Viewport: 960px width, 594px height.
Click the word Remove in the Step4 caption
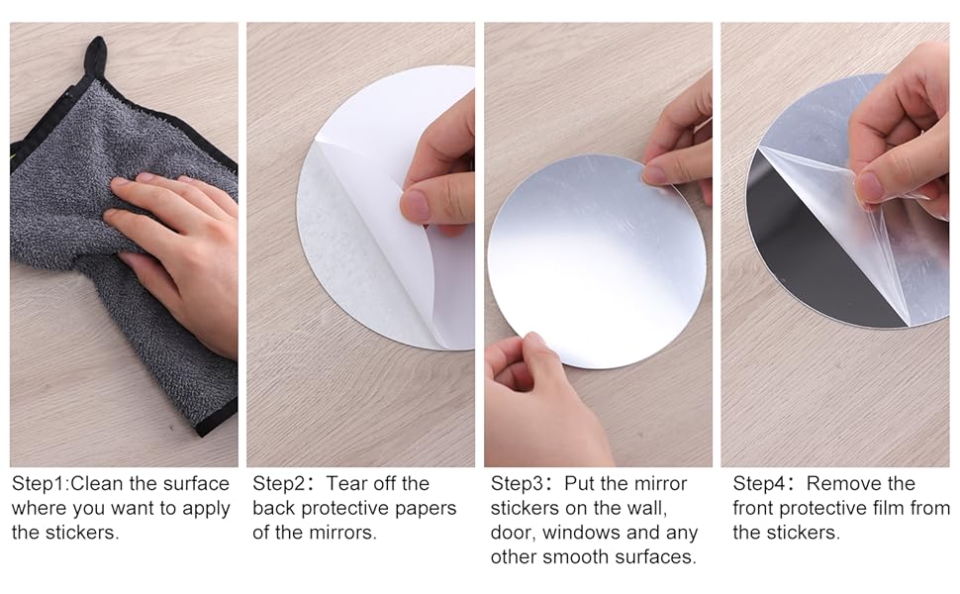point(845,484)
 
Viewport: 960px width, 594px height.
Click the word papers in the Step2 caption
point(426,508)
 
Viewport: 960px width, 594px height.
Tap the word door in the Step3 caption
point(512,533)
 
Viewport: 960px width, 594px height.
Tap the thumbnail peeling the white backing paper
point(417,205)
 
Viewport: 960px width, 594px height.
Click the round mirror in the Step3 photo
point(594,262)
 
